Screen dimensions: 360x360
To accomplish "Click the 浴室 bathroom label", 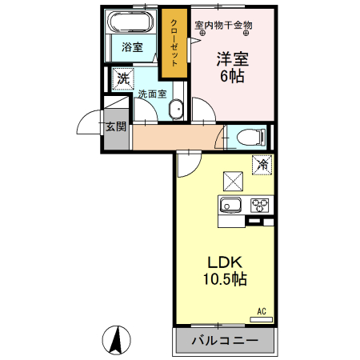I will point(132,48).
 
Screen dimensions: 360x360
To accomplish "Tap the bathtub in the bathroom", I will point(132,21).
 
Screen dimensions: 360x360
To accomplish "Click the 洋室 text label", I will point(232,59).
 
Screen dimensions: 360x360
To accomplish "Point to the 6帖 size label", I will point(232,77).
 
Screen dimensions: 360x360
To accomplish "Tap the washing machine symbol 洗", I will point(122,78).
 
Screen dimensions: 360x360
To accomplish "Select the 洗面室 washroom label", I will point(152,94).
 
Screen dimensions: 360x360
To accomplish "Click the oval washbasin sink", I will point(178,110).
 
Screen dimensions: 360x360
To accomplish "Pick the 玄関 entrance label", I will point(114,126).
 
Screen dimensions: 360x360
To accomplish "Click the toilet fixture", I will point(249,138).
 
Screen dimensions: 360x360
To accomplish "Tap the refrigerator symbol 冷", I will point(262,166).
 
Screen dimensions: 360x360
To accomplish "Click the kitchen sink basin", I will point(231,204).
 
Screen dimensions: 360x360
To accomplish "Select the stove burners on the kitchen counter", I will point(261,203).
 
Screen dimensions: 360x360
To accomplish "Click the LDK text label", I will point(226,263).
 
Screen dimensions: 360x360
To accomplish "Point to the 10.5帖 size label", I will point(226,281).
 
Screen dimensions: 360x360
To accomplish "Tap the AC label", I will point(261,310).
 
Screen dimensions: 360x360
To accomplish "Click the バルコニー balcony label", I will point(225,342).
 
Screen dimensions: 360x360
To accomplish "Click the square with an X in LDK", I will point(233,178).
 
